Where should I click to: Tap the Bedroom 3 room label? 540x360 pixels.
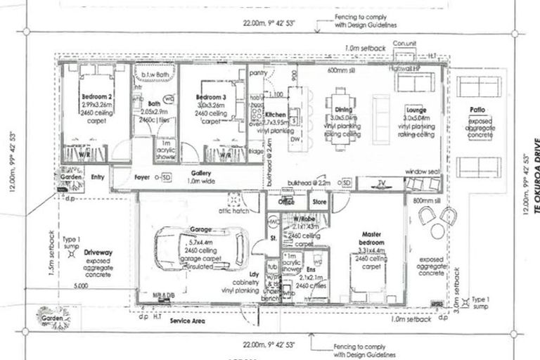[210, 96]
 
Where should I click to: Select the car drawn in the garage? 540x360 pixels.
[200, 250]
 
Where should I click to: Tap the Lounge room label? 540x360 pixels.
[415, 110]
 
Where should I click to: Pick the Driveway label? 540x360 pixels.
[94, 250]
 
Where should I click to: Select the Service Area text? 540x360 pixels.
[188, 320]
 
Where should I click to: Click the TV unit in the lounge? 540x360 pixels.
[380, 184]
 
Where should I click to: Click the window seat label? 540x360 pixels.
[423, 171]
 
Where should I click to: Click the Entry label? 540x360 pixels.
[97, 176]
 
